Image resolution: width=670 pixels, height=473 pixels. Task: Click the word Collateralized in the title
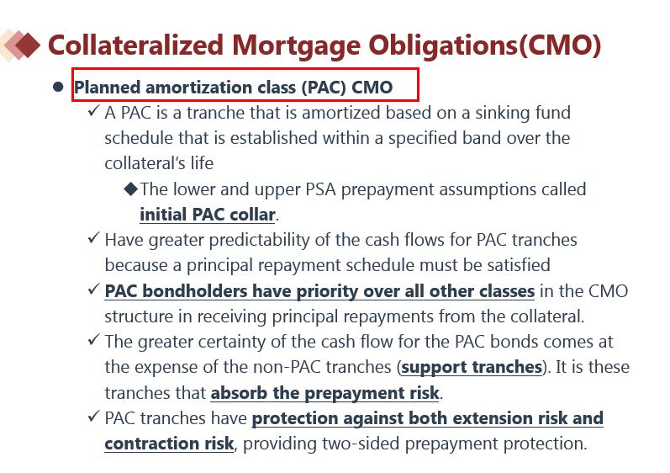click(135, 45)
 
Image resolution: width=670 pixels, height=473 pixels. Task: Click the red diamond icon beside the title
click(27, 45)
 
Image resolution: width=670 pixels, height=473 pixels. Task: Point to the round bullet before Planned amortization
click(58, 88)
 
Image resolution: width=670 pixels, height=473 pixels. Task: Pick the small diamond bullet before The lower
click(131, 189)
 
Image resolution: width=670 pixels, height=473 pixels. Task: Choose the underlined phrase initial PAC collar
click(208, 215)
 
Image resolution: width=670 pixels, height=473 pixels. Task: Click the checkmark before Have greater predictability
click(93, 238)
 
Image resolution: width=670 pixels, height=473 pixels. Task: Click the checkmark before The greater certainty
click(93, 339)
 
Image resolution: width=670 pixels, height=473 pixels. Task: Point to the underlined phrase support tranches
click(472, 367)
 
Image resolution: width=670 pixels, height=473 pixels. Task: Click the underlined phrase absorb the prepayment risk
click(324, 393)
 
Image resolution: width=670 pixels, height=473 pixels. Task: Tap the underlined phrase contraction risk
click(169, 444)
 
